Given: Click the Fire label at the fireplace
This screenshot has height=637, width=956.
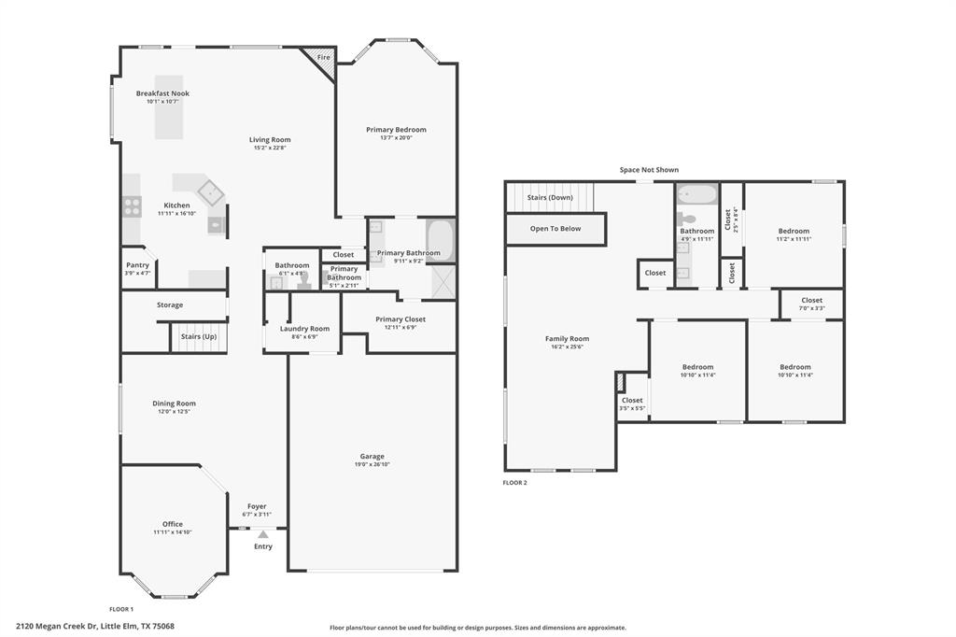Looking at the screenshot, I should tap(324, 58).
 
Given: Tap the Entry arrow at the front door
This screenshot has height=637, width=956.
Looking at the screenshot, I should tap(263, 535).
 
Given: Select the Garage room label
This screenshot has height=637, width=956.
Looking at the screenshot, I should tap(372, 457).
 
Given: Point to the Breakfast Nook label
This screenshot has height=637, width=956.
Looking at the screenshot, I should tap(162, 93).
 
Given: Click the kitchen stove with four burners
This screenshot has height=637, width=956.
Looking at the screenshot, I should tap(132, 206).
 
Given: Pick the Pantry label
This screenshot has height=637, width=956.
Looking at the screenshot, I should tap(137, 264).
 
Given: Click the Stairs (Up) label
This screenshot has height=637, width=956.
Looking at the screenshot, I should tap(198, 336).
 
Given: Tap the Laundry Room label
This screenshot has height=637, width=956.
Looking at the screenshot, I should tap(304, 329).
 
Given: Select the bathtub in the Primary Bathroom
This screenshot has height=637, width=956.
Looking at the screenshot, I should tap(440, 241).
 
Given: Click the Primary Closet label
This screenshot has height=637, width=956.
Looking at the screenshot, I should tap(401, 319).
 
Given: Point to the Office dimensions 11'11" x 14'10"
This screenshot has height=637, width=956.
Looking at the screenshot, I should tap(173, 532).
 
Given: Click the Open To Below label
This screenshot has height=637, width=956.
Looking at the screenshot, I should tap(555, 228).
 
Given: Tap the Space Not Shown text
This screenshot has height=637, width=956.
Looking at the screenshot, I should tap(649, 170).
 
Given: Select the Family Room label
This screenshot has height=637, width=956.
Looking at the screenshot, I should tap(567, 339).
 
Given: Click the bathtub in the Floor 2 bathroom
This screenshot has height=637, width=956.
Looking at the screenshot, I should tap(696, 195).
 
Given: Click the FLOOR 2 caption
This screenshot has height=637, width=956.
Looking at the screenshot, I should tap(514, 483).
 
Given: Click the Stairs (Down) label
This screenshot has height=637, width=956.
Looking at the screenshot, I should tap(550, 197).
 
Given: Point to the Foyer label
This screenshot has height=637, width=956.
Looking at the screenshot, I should tap(257, 506).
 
